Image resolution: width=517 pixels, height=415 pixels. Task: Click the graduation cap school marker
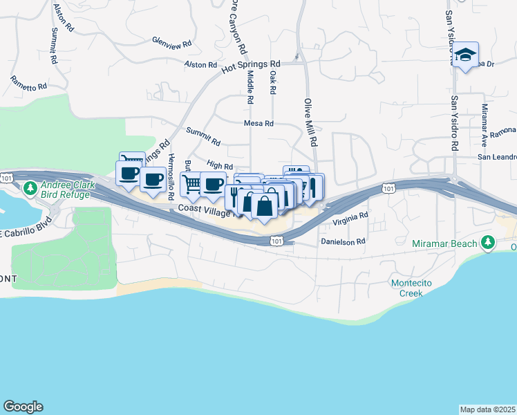pyautogui.click(x=467, y=55)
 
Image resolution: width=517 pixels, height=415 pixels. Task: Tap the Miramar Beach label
pyautogui.click(x=444, y=243)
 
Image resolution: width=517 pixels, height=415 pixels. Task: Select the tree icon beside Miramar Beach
pyautogui.click(x=489, y=241)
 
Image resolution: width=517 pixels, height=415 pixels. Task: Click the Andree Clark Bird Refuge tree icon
pyautogui.click(x=30, y=188)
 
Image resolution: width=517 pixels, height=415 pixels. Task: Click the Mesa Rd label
pyautogui.click(x=259, y=124)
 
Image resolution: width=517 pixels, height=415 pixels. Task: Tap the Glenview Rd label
pyautogui.click(x=171, y=42)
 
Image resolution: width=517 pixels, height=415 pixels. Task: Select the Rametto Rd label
pyautogui.click(x=28, y=84)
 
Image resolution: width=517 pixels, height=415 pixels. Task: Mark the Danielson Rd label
pyautogui.click(x=342, y=242)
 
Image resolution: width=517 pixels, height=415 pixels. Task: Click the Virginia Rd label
pyautogui.click(x=350, y=219)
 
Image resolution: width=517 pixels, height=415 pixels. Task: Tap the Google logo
pyautogui.click(x=23, y=407)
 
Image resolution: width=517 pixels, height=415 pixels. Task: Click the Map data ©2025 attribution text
pyautogui.click(x=487, y=409)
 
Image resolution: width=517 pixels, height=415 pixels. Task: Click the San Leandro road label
pyautogui.click(x=497, y=157)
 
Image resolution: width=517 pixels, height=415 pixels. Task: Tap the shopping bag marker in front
pyautogui.click(x=264, y=205)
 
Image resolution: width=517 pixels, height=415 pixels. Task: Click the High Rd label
pyautogui.click(x=220, y=165)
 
